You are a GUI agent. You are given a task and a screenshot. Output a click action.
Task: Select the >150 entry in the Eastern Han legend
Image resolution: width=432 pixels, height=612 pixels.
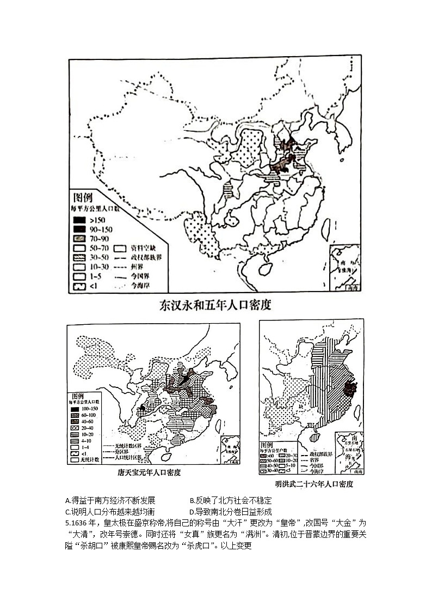[x=90, y=220]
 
